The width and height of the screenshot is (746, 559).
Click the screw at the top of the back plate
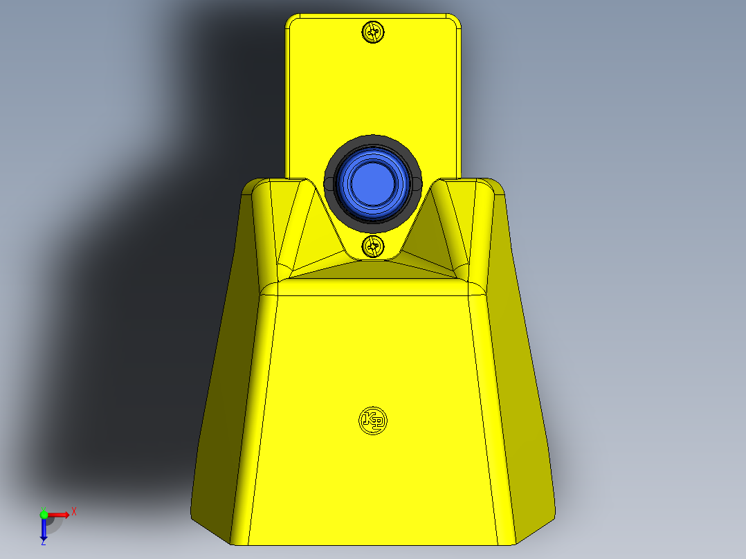[x=373, y=31]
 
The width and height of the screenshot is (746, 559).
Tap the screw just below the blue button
[x=373, y=246]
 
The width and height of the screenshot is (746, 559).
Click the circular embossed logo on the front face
[x=373, y=419]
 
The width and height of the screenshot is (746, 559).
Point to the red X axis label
[x=74, y=511]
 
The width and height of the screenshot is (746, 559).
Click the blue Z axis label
[x=43, y=542]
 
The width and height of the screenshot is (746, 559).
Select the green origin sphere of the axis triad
[x=44, y=515]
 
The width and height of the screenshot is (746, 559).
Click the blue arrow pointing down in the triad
[x=44, y=530]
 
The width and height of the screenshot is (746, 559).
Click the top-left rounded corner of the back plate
[x=291, y=19]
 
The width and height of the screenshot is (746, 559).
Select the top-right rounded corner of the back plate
[x=455, y=19]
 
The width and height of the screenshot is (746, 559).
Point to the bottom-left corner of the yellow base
[x=194, y=515]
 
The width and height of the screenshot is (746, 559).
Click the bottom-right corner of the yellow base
[x=554, y=515]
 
